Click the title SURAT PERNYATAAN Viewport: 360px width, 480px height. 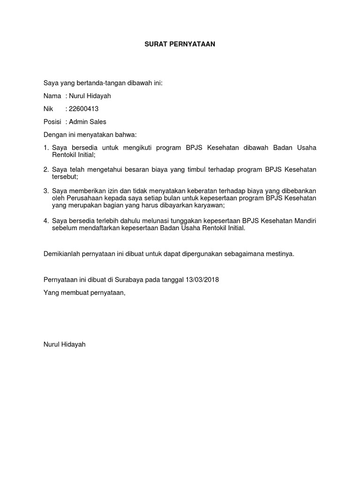point(180,45)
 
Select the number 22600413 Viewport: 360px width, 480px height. point(84,109)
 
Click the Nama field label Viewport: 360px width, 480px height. point(52,96)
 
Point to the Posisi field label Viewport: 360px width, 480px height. point(52,122)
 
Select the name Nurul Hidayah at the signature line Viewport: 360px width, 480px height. point(64,344)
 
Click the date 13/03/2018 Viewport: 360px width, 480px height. point(202,280)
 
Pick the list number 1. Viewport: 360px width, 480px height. point(45,148)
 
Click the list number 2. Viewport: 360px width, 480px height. point(45,169)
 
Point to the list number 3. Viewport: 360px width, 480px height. point(45,191)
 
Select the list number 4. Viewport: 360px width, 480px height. point(45,221)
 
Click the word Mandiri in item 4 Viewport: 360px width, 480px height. point(304,221)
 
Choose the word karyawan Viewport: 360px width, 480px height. point(210,206)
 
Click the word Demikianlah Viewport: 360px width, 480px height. point(62,254)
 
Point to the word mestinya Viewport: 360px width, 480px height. point(280,254)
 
